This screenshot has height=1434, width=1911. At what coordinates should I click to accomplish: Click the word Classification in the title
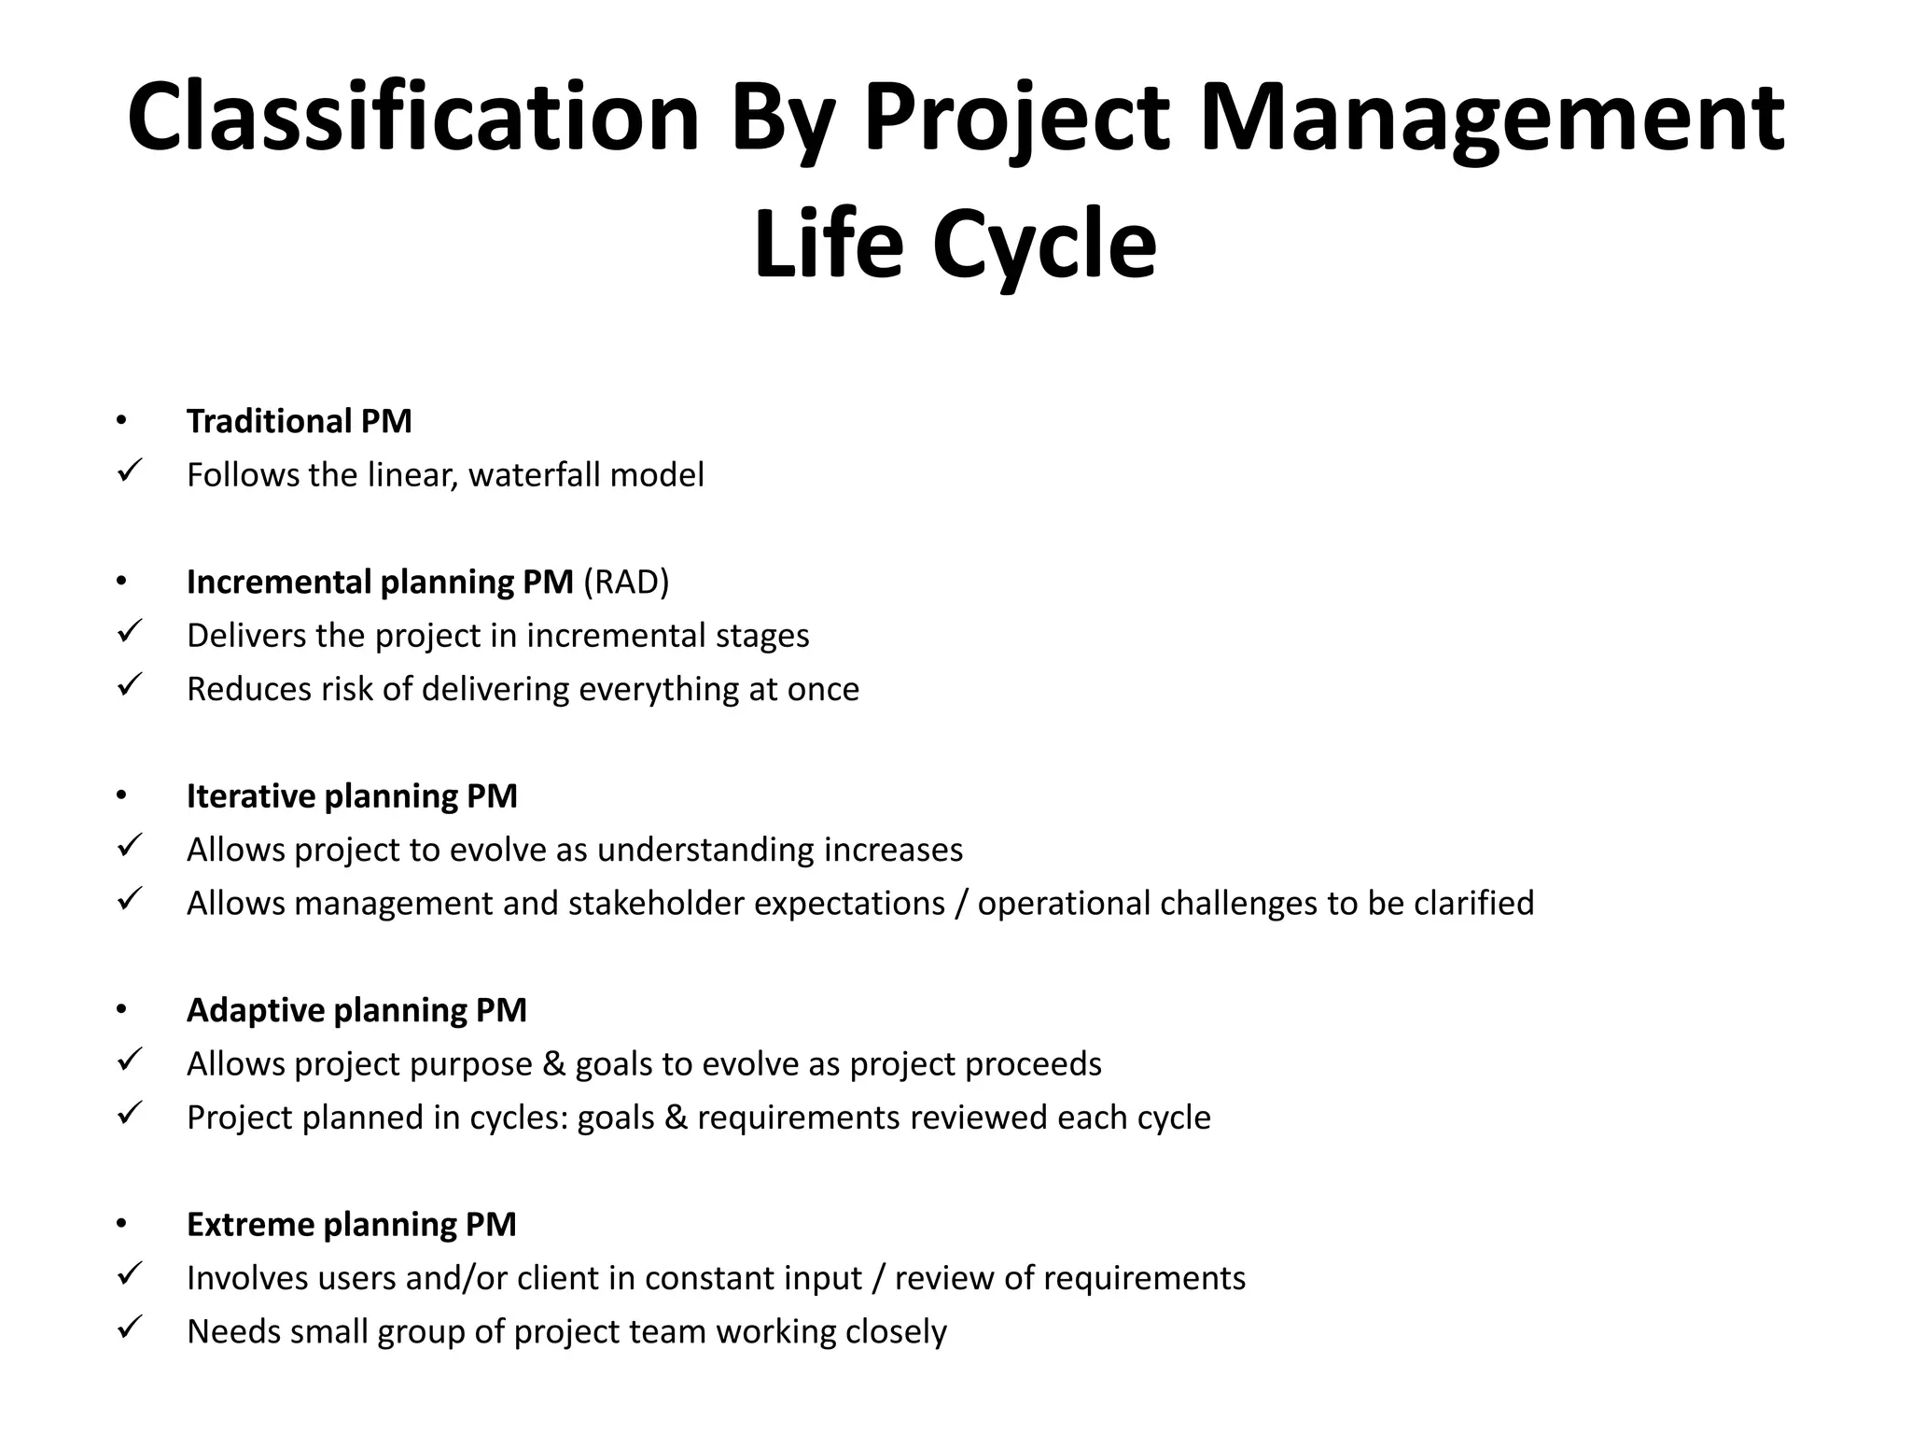click(x=412, y=119)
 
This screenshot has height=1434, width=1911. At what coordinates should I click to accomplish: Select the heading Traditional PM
click(x=299, y=421)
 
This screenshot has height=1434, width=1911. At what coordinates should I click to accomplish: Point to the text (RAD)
click(x=626, y=582)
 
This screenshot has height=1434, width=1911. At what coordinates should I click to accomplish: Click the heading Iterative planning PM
click(x=352, y=796)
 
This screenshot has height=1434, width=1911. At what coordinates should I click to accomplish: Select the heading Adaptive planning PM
click(x=356, y=1010)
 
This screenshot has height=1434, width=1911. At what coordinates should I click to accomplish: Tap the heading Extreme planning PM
click(x=351, y=1224)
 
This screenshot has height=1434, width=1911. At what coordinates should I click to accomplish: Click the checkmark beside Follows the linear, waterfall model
click(x=129, y=471)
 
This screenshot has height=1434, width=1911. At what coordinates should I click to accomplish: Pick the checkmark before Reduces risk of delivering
click(x=129, y=685)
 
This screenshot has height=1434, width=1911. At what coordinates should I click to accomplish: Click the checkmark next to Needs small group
click(x=129, y=1328)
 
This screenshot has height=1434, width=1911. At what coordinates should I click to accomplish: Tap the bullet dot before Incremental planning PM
click(x=120, y=582)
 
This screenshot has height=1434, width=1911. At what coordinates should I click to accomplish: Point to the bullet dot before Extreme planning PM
click(x=120, y=1224)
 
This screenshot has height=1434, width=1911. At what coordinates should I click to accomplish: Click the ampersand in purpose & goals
click(x=553, y=1064)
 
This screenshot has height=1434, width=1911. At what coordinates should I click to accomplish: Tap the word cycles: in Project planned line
click(x=519, y=1118)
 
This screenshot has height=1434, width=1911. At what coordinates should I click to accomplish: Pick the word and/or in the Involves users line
click(x=457, y=1278)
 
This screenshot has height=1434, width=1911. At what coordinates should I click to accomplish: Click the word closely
click(x=896, y=1332)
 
